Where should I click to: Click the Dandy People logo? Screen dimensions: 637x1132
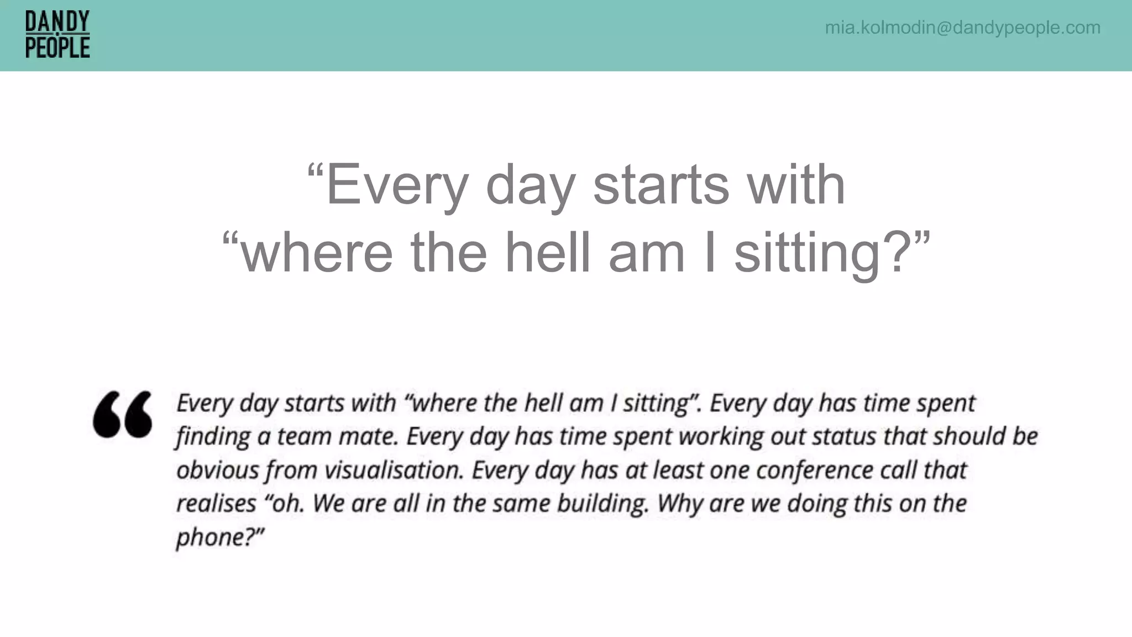57,35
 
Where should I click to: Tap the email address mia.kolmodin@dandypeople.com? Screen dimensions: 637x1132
962,28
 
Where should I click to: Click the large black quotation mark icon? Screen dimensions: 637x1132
123,414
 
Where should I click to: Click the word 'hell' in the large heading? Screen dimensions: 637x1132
547,253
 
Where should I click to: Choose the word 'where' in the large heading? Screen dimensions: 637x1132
317,253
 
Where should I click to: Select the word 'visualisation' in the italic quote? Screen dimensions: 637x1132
393,471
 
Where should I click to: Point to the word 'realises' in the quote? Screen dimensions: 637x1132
216,504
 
